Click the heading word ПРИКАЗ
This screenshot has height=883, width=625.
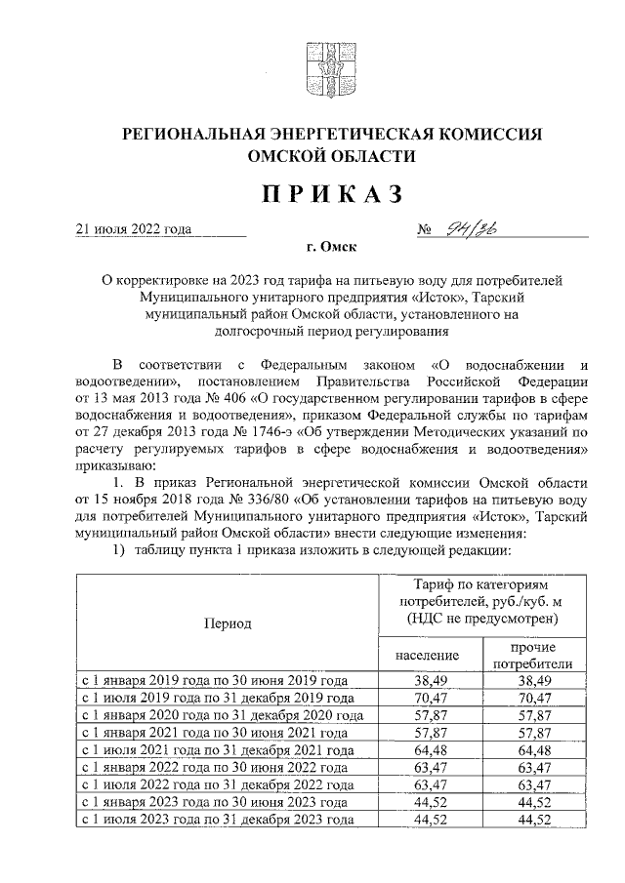pos(330,195)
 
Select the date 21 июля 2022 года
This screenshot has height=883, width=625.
pos(134,230)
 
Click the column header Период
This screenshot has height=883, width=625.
pos(228,622)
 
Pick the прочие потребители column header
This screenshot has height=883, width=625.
pos(534,655)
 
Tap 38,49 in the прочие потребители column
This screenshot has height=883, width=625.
pos(534,681)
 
